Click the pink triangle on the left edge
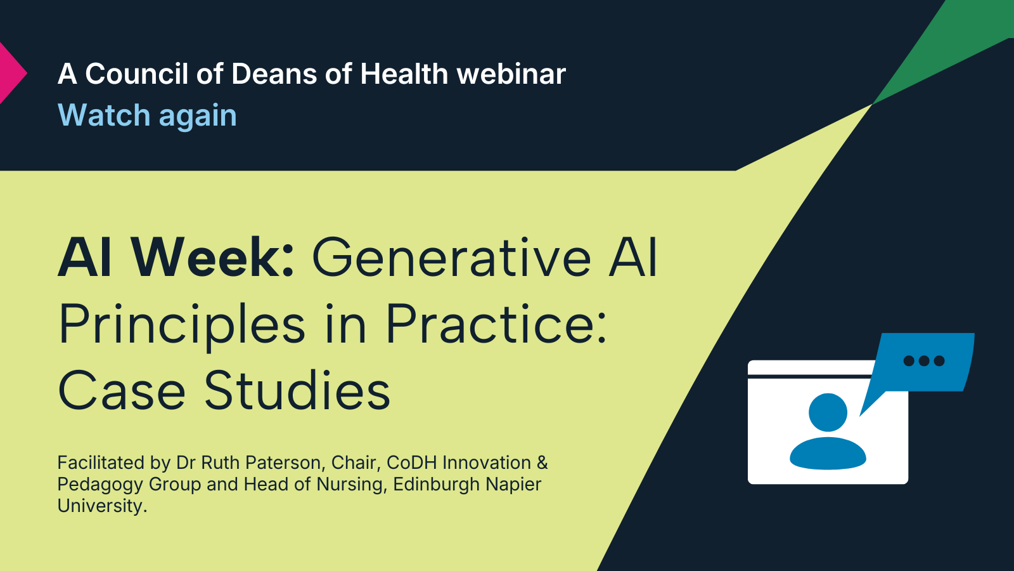pos(10,73)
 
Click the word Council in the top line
pos(136,74)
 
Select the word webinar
pos(511,74)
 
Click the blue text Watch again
pos(147,115)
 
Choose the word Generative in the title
pos(451,258)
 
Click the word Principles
pos(182,324)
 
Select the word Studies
pos(297,390)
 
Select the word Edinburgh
pos(437,485)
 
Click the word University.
pos(102,506)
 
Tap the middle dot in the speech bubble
pos(924,361)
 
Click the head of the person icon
pos(828,412)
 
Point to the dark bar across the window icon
pos(810,377)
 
